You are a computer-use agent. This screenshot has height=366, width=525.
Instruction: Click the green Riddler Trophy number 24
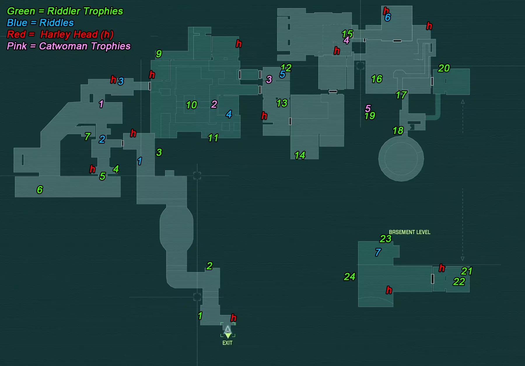coord(350,276)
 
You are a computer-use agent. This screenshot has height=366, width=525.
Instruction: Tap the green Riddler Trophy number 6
coord(40,190)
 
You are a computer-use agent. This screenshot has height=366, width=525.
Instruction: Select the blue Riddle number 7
coord(378,252)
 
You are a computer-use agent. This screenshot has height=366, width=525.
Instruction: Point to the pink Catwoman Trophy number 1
coord(101,104)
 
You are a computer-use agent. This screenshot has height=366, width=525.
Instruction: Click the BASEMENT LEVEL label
coord(409,232)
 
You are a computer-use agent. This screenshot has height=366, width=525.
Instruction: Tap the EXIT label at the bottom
coord(228,343)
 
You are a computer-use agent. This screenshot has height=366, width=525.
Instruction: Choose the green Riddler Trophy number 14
coord(300,155)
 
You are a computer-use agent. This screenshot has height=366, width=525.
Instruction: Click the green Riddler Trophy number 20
coord(444,68)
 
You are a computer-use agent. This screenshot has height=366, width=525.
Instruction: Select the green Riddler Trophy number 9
coord(159,54)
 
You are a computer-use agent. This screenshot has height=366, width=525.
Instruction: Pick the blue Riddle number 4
coord(229,114)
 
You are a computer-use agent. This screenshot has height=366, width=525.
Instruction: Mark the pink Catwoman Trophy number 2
coord(214,104)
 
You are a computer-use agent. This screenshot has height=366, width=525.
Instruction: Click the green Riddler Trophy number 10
coord(192,105)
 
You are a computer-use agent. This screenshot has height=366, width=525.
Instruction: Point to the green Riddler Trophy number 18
coord(398,130)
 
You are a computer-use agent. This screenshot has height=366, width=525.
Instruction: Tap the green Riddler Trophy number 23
coord(386,239)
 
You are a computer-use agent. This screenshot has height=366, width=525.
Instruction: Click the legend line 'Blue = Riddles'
coord(40,23)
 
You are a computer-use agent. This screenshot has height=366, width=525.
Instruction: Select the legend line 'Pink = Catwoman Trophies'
coord(69,46)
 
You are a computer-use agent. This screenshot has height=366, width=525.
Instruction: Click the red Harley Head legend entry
coord(60,34)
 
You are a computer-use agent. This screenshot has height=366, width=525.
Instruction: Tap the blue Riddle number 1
coord(140,161)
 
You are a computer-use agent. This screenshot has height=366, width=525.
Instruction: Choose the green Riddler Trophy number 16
coord(377,79)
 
